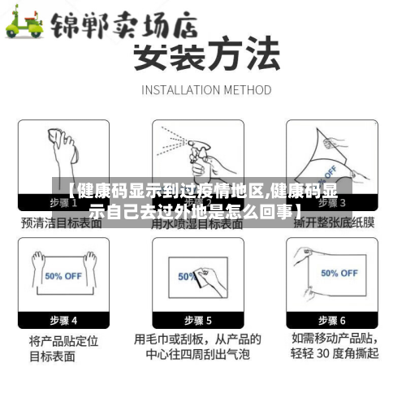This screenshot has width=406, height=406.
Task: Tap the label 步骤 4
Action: point(63,320)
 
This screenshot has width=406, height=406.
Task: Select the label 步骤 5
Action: point(197,320)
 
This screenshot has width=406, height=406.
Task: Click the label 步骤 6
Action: point(331,320)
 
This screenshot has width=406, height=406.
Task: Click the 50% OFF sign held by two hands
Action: point(64,275)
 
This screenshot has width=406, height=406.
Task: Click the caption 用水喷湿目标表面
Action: point(197,221)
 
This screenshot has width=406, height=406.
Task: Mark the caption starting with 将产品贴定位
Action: point(63,347)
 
